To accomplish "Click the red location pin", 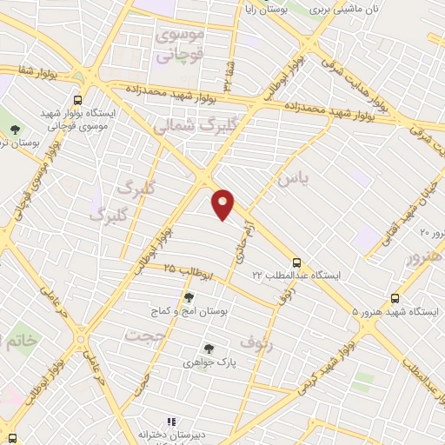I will (x=223, y=204).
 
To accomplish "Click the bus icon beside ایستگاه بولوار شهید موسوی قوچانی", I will (x=79, y=99).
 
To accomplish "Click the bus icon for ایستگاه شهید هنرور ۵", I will (x=395, y=297).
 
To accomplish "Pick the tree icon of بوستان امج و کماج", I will (x=189, y=297).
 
